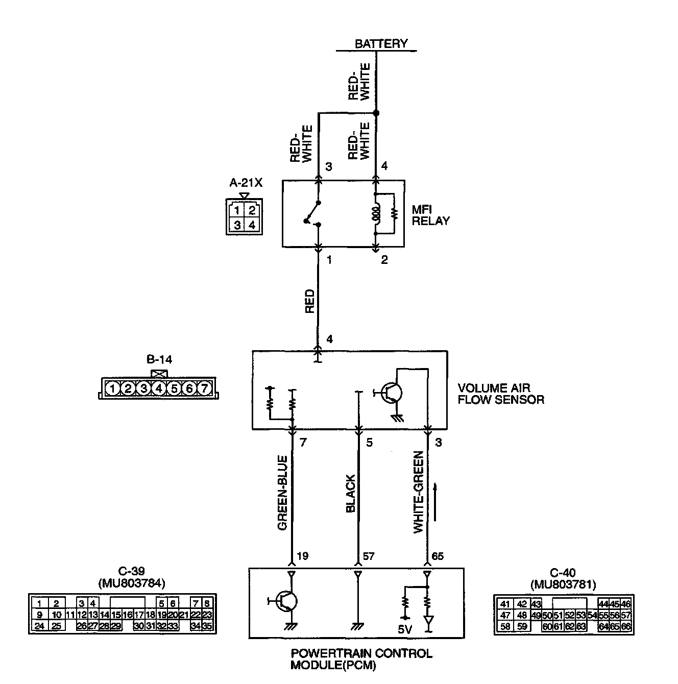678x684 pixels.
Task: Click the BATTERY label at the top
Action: pos(381,44)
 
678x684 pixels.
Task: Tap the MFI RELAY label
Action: pos(430,215)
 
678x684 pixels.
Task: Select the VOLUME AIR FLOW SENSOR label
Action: pos(500,394)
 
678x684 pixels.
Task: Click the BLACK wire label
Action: pos(350,494)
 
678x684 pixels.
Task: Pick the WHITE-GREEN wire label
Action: pos(419,493)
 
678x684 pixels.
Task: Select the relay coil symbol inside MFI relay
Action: pos(376,214)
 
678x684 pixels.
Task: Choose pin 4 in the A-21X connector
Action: pos(251,225)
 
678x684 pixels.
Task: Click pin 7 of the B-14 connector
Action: pos(204,389)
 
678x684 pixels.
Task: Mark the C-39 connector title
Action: pos(131,573)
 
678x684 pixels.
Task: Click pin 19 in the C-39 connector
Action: pos(162,615)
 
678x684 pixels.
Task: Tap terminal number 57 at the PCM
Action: pos(368,556)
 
